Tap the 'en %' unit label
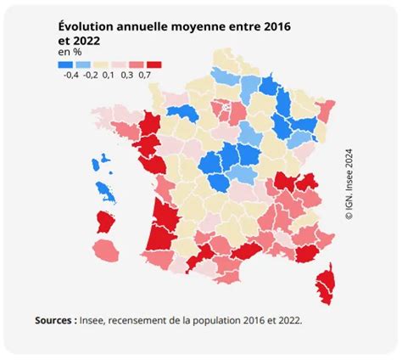click(x=70, y=53)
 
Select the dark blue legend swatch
click(x=67, y=65)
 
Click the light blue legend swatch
click(x=84, y=65)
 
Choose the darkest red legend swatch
click(x=154, y=65)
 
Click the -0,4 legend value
click(x=70, y=76)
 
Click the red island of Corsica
click(x=325, y=281)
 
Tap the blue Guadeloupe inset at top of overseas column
click(x=106, y=159)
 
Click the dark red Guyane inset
click(x=106, y=222)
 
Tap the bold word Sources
click(x=55, y=321)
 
